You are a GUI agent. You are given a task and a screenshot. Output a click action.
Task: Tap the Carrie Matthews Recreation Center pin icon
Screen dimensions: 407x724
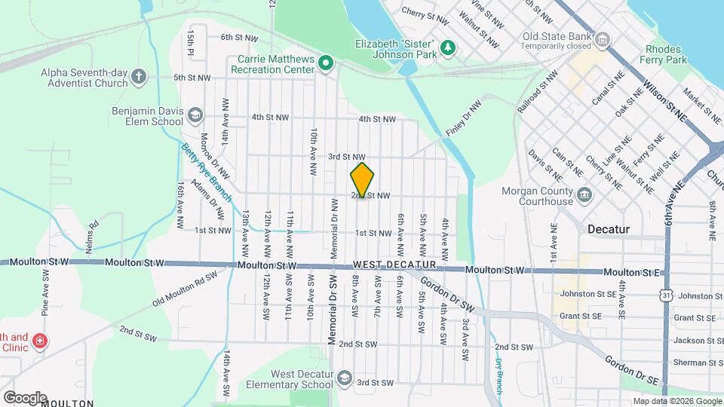click(x=326, y=63)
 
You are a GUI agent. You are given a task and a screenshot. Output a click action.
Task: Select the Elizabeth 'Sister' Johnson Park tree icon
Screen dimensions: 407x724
click(x=449, y=47)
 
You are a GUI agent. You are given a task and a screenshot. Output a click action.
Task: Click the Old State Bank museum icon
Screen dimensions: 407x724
click(x=603, y=39)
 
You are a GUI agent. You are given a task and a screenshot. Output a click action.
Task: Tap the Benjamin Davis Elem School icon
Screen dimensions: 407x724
click(x=195, y=115)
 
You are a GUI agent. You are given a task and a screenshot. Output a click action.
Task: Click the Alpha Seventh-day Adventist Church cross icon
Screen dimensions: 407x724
click(x=138, y=76)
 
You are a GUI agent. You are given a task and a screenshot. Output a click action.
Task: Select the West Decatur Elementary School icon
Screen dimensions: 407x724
click(x=345, y=377)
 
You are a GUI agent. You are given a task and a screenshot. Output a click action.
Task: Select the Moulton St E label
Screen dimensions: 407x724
click(x=640, y=271)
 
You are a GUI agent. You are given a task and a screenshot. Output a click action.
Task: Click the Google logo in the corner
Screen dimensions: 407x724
click(x=25, y=397)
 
